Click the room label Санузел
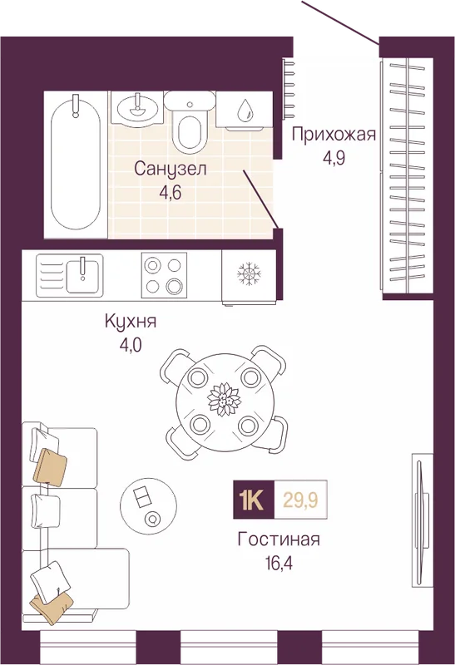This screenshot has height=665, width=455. coord(171,169)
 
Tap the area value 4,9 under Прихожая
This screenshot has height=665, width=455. coord(334,158)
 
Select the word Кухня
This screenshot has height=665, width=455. coord(131,321)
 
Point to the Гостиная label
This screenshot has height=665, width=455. coord(279,539)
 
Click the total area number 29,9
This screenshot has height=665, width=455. coord(300,500)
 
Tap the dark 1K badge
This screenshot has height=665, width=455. coord(254,500)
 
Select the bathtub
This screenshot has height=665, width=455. coord(77,164)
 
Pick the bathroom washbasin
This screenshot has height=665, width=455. coord(136,107)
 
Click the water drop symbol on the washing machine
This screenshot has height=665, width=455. coord(245,110)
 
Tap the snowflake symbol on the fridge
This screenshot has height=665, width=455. coord(249,273)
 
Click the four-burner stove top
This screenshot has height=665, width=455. coord(164,275)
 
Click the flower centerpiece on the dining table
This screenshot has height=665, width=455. coord(224,399)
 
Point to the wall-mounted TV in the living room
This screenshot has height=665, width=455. coord(421,520)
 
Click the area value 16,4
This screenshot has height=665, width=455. coord(279,564)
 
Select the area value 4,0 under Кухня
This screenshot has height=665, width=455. coord(131,346)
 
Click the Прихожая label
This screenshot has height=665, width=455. coord(334,135)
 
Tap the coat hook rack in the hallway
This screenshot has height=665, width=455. coord(289,89)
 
